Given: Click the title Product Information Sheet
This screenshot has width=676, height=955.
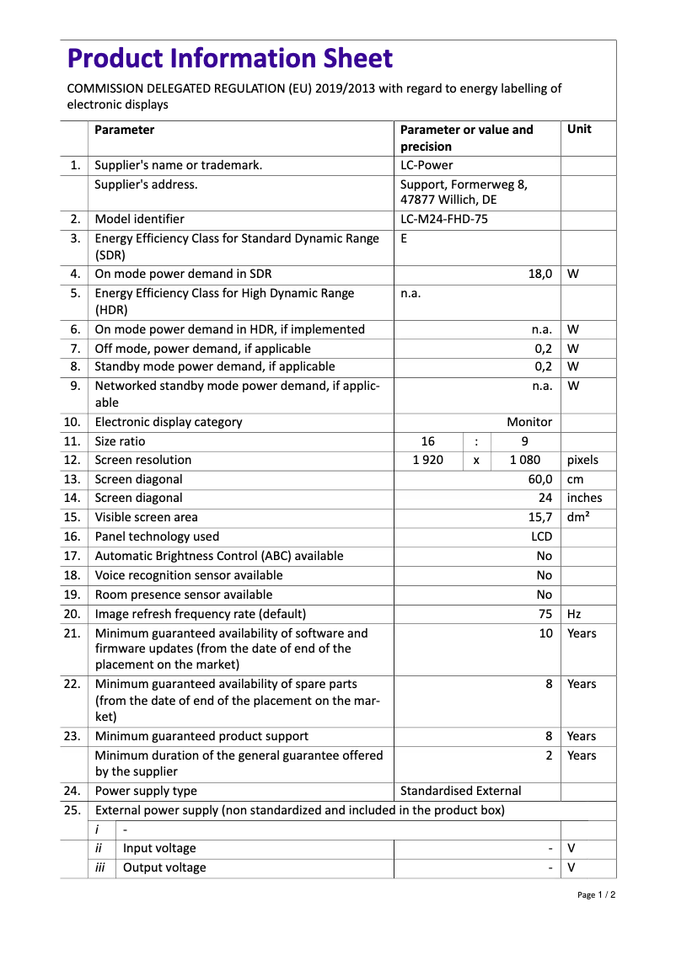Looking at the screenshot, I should [229, 58].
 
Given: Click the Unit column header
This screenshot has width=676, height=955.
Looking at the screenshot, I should [579, 130].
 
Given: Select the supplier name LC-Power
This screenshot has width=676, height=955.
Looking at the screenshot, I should [426, 165].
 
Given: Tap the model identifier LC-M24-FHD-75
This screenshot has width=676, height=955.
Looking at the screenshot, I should [443, 219].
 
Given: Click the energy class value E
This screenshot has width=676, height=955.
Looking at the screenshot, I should [404, 238].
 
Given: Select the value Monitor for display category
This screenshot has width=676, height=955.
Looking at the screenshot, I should [529, 422].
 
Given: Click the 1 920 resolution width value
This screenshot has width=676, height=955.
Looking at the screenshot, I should [427, 460].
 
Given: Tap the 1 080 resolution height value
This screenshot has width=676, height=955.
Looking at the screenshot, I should [525, 460].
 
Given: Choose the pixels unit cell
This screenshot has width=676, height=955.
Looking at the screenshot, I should [582, 460].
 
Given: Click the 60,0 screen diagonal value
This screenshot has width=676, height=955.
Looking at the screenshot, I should [539, 479].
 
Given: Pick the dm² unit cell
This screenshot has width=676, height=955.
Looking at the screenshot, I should [578, 517].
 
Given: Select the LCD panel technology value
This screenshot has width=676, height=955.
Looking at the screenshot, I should [541, 536].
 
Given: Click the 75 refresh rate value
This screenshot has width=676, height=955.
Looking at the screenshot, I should [545, 614].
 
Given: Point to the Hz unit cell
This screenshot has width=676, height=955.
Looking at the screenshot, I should [574, 614].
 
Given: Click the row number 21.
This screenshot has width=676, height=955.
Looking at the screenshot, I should [72, 633].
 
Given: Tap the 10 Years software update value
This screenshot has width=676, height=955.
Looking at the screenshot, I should [545, 633].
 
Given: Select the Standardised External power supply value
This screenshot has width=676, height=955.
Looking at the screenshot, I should [460, 791].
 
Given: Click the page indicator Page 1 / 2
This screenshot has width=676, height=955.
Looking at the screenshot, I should [596, 895].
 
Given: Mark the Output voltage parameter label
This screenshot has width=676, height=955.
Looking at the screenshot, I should [164, 867].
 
